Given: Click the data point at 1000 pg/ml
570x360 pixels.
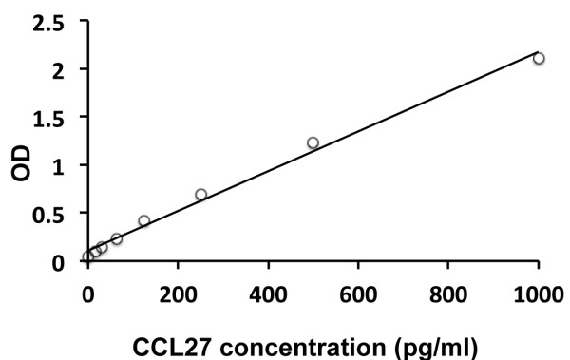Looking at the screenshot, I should pos(539,58).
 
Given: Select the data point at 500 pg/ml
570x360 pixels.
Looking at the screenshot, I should pos(313,142).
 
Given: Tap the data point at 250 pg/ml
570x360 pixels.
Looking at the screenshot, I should pos(200,195).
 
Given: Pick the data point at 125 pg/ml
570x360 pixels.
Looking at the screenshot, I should pos(144,220).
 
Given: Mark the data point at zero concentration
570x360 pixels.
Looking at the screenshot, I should pos(87,256).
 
